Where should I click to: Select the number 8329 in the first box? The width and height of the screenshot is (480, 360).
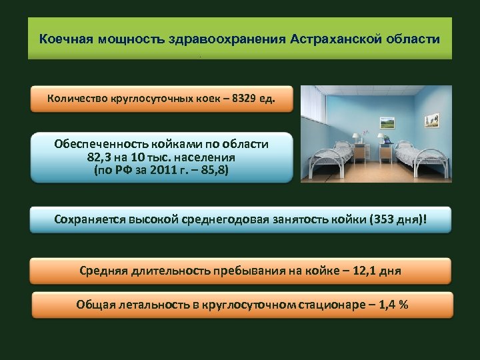click(x=244, y=99)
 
